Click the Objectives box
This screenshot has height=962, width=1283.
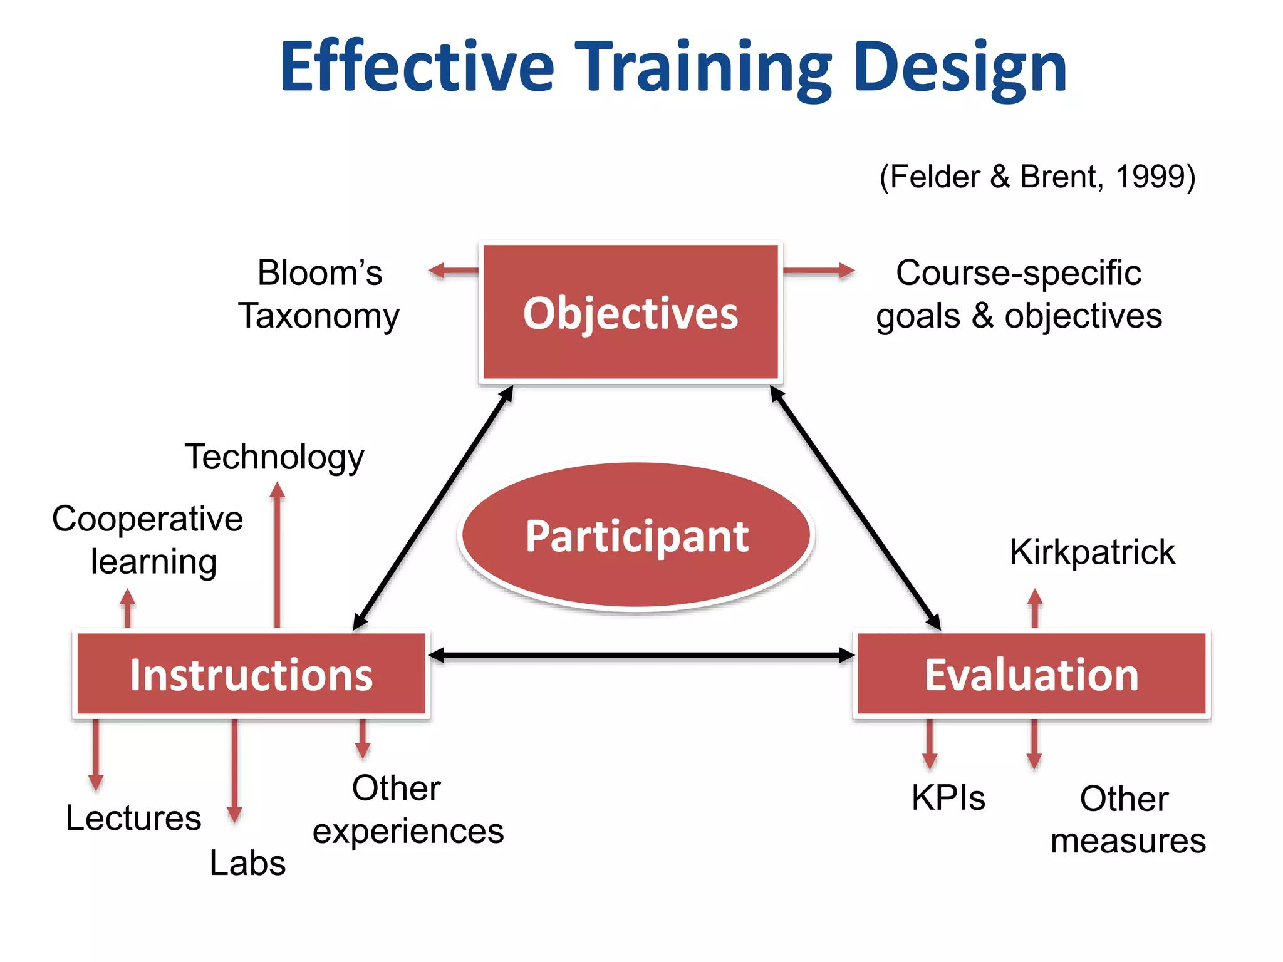pyautogui.click(x=630, y=312)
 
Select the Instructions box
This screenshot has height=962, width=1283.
pyautogui.click(x=251, y=674)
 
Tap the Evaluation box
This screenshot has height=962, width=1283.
pyautogui.click(x=1031, y=674)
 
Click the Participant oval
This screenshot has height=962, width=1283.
pyautogui.click(x=636, y=536)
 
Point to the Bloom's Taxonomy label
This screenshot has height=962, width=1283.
pyautogui.click(x=319, y=294)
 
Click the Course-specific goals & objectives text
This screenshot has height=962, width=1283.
pyautogui.click(x=1019, y=294)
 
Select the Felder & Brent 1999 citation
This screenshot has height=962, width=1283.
pyautogui.click(x=1037, y=177)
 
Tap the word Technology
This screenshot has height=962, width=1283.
pyautogui.click(x=274, y=457)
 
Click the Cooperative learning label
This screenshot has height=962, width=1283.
pyautogui.click(x=148, y=540)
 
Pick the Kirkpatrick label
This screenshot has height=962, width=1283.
pyautogui.click(x=1092, y=552)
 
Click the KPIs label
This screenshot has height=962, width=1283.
pyautogui.click(x=948, y=798)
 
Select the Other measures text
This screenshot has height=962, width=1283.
pyautogui.click(x=1127, y=819)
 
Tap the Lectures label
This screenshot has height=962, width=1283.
pyautogui.click(x=133, y=818)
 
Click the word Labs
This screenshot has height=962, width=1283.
pyautogui.click(x=247, y=863)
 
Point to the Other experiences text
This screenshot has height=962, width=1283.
pyautogui.click(x=408, y=809)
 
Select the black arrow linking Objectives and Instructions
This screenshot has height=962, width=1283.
pyautogui.click(x=434, y=507)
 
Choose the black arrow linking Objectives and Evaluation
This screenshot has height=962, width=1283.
pyautogui.click(x=855, y=507)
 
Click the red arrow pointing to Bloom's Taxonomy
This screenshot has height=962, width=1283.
pyautogui.click(x=453, y=271)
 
